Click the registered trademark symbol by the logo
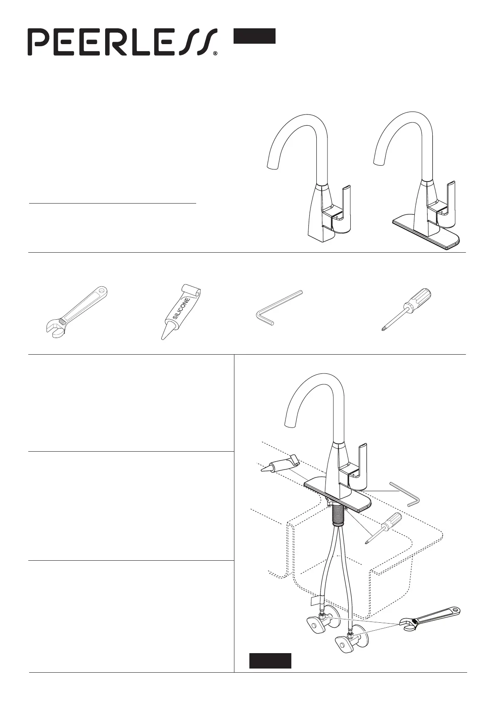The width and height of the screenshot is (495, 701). point(215,54)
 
